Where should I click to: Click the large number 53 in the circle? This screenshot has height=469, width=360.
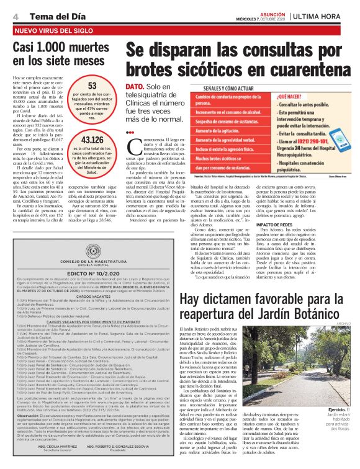pyautogui.click(x=92, y=86)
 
